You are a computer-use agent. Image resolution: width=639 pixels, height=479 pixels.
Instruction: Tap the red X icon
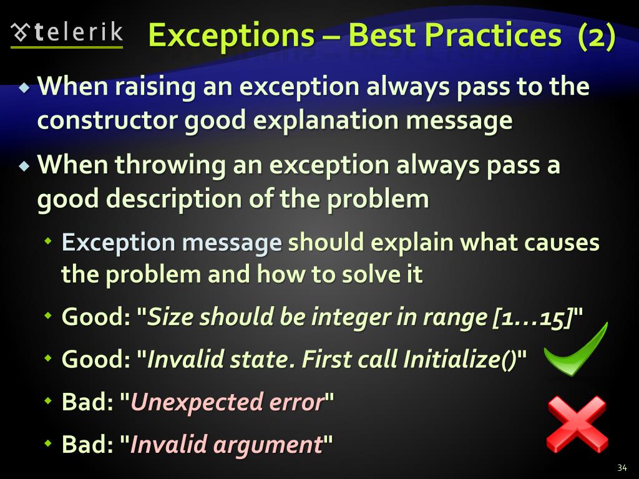[x=577, y=424]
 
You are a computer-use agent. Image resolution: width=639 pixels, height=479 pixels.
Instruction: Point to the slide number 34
[x=621, y=468]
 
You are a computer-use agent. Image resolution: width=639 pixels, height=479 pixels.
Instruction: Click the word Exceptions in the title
[x=231, y=36]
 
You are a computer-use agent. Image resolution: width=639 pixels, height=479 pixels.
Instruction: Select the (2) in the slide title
[x=596, y=36]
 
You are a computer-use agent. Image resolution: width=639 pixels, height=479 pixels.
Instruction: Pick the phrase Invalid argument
[x=226, y=445]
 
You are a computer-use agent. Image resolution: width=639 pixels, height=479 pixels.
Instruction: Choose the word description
[x=171, y=199]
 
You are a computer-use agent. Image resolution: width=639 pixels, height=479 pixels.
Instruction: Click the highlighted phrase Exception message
[x=172, y=243]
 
